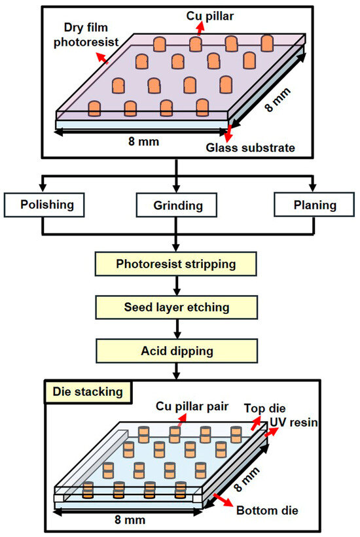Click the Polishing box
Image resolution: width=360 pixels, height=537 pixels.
[47, 205]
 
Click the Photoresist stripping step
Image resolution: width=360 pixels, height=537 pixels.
[176, 265]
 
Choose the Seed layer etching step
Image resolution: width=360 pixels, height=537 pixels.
[176, 307]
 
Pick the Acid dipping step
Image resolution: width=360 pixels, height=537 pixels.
[176, 351]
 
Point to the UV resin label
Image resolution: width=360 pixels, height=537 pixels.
[295, 423]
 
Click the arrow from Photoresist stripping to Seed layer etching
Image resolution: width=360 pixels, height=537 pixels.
[176, 286]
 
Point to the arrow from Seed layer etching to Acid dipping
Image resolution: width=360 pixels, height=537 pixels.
[176, 329]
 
